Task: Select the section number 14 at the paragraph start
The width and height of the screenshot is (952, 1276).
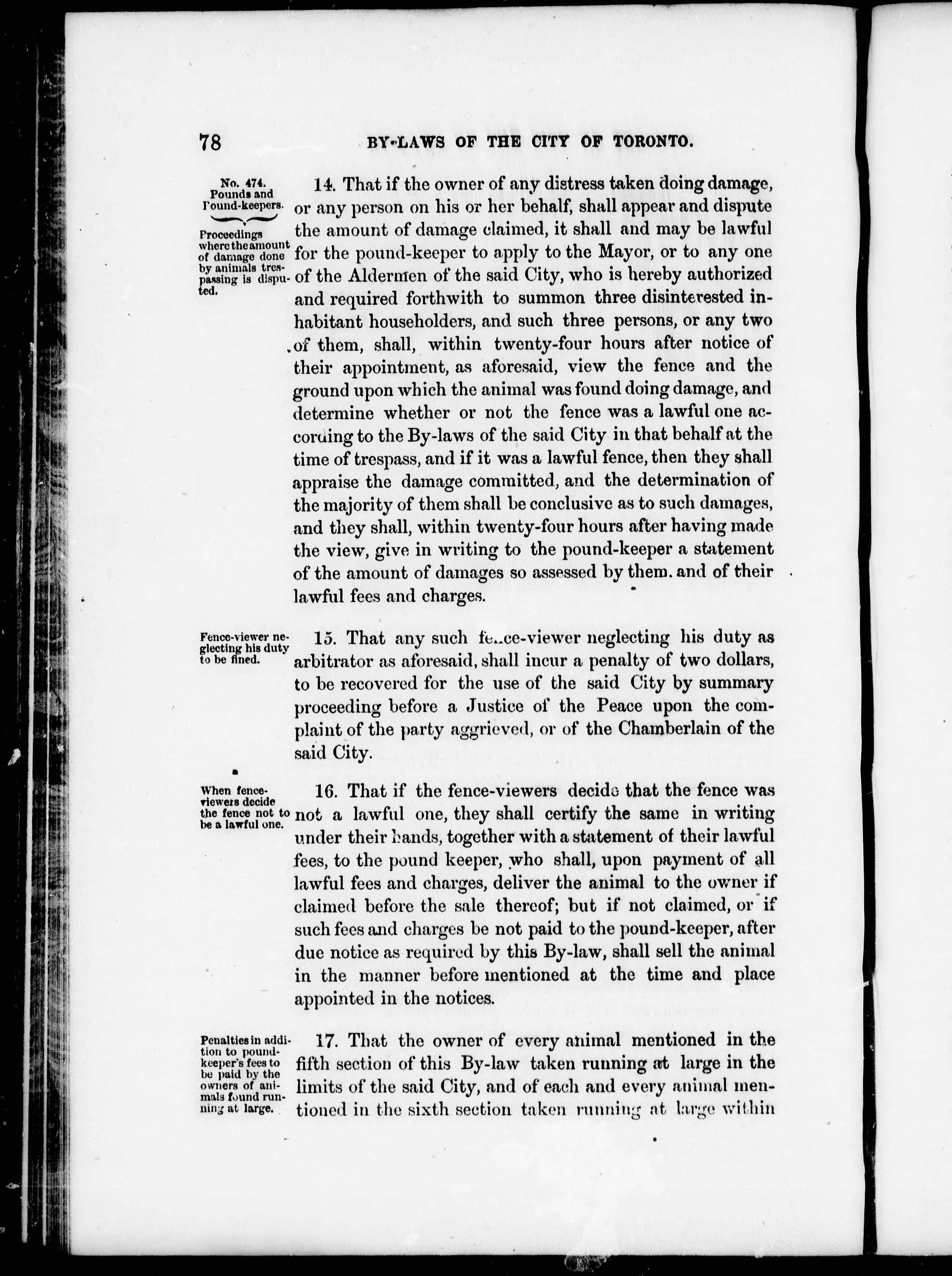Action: (x=325, y=184)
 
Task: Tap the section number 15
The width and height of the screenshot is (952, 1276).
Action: (x=325, y=638)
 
